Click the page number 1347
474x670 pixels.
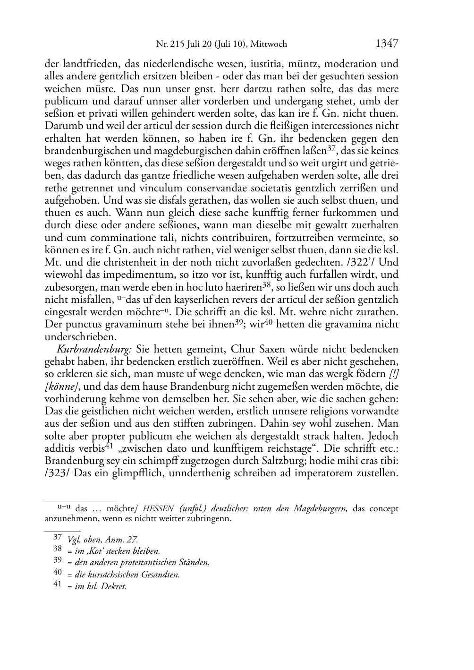(387, 43)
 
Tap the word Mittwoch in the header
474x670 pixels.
(269, 44)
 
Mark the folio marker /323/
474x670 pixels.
(58, 473)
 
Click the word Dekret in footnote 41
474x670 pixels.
(116, 587)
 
